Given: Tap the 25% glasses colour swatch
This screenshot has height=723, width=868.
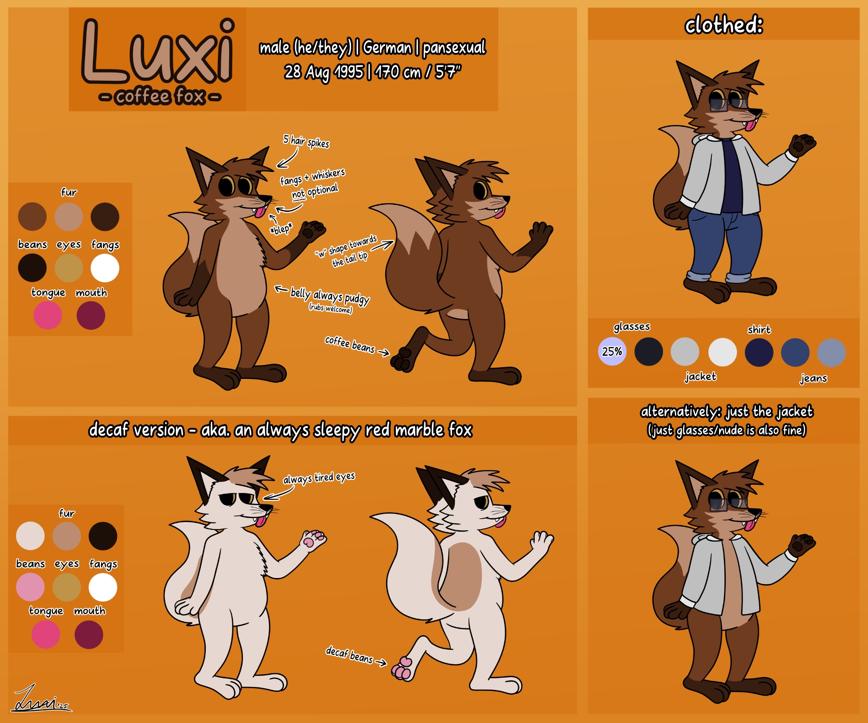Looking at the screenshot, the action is coord(612,352).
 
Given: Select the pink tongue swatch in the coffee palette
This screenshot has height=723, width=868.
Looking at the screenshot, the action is coord(48,315).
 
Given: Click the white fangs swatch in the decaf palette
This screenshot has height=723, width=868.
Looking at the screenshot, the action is coord(103,587).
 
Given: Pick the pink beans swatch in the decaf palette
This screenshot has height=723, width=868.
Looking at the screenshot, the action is coord(30,587).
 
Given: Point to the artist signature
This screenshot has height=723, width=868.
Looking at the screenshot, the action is coord(41,699).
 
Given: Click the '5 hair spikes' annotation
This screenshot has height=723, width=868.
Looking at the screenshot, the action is coord(306,141).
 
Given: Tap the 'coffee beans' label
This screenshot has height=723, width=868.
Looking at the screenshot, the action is coord(350,344).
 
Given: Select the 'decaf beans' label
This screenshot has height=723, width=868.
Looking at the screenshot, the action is coord(350,655).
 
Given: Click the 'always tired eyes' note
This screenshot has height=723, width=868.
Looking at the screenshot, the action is coord(319,478).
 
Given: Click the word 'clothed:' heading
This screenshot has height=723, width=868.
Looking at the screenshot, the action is coord(723,25).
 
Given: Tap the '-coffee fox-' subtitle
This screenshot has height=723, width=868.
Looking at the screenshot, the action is coord(160,96).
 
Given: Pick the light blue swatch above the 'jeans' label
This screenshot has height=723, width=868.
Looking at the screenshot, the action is coord(831,352).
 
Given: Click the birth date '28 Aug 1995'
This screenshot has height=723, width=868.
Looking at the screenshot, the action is coord(324,72).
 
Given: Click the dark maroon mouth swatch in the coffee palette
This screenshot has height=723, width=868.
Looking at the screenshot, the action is coord(91,315).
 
